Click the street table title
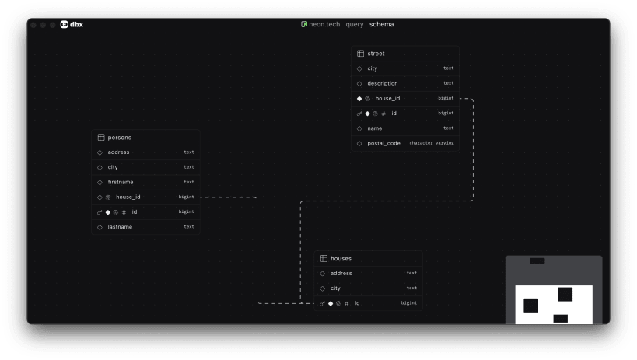[x=376, y=54]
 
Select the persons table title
[x=119, y=138]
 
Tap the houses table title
[x=341, y=258]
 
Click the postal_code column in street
[x=383, y=143]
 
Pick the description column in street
[x=382, y=83]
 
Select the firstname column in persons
[x=121, y=182]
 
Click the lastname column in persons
[x=120, y=227]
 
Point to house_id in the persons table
[x=128, y=197]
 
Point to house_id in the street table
[x=387, y=98]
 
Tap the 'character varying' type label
[x=432, y=143]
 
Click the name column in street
[x=375, y=128]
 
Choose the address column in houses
[x=341, y=273]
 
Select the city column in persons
[x=113, y=167]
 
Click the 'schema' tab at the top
[x=381, y=25]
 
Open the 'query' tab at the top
[x=354, y=25]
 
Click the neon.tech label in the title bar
[x=324, y=25]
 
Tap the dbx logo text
[x=76, y=25]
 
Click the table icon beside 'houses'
[x=324, y=258]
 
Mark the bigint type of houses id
[x=408, y=303]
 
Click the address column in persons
[x=118, y=152]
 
